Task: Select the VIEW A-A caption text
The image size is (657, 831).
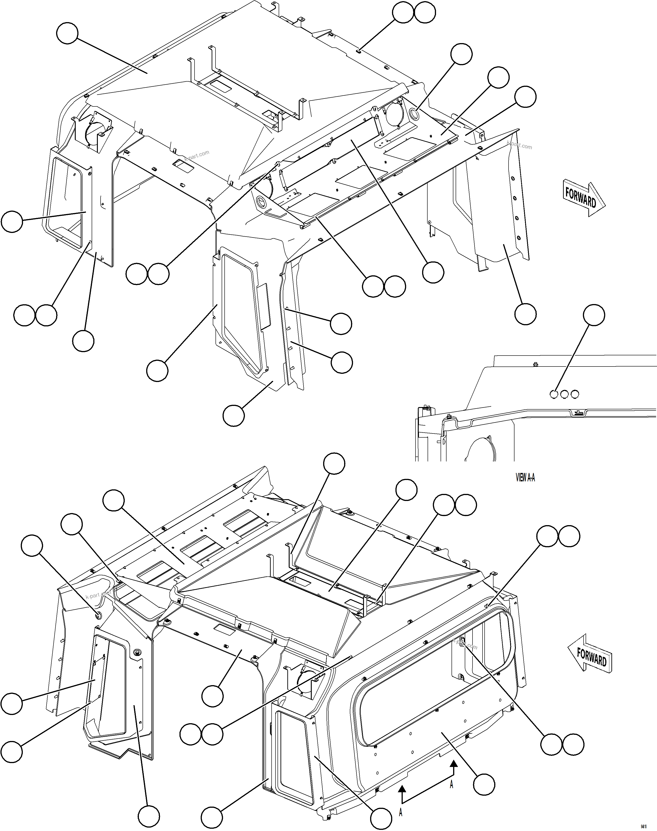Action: (525, 478)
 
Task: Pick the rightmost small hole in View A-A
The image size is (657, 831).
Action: (575, 394)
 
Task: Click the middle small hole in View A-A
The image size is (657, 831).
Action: (564, 394)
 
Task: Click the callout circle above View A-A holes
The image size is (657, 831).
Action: (594, 315)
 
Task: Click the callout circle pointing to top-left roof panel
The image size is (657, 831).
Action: (67, 34)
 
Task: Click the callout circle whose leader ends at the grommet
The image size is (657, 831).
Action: (31, 546)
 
